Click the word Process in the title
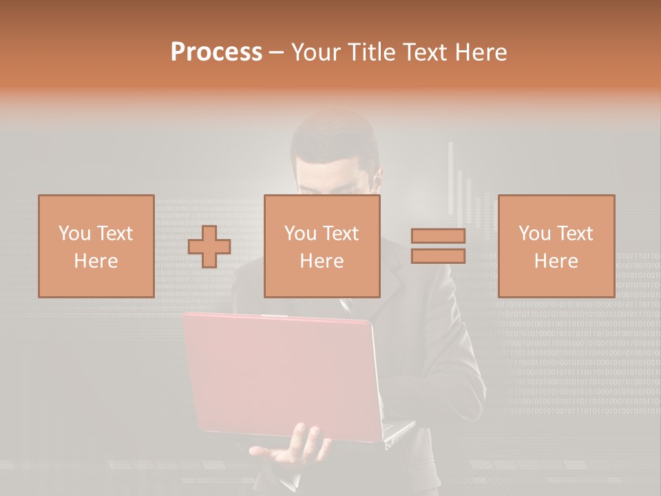click(216, 52)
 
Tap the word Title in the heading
click(370, 52)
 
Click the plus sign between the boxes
click(209, 247)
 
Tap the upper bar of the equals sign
click(438, 236)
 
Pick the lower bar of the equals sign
click(438, 256)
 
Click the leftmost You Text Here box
click(96, 246)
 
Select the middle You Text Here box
click(322, 246)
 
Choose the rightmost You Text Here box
click(556, 246)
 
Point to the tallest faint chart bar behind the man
click(452, 179)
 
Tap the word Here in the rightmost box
click(556, 260)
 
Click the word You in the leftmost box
click(74, 234)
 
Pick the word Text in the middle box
click(342, 234)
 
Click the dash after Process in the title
click(277, 53)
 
